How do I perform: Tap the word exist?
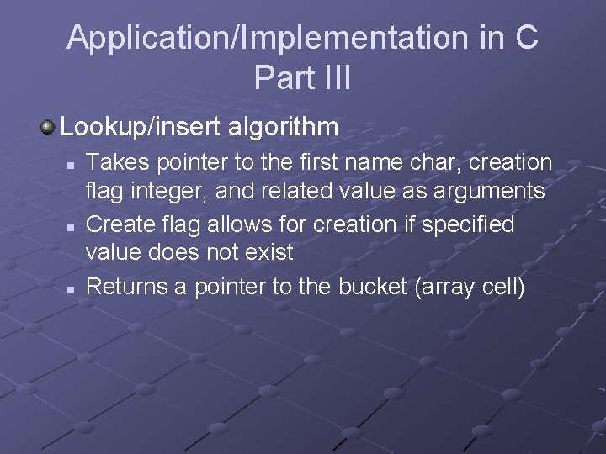click(269, 251)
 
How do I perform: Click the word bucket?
click(372, 287)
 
